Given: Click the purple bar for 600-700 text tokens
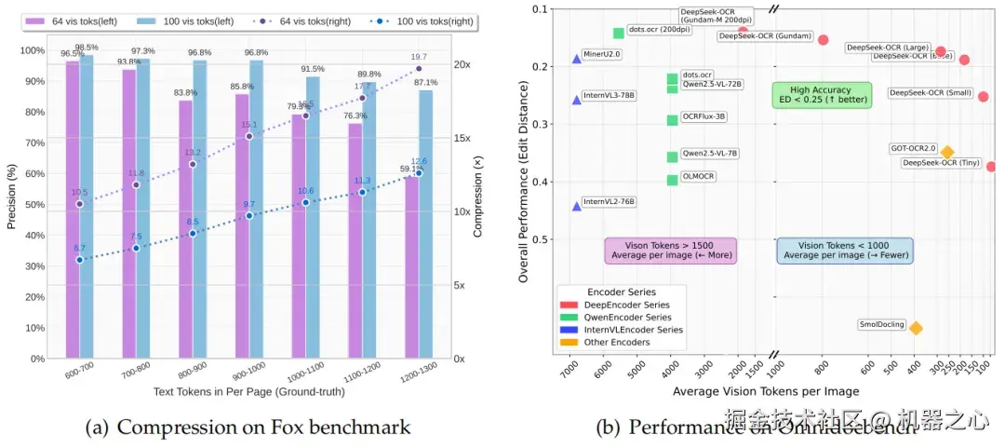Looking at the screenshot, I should point(72,210).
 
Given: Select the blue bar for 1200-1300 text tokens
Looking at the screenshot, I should point(425,224).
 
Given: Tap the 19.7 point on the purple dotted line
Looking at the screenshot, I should point(419,69).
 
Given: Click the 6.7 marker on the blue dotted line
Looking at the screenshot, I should point(79,259).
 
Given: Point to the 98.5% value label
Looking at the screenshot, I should point(87,48).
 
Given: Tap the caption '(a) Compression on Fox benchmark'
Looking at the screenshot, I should point(247,428).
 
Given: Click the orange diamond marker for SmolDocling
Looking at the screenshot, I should point(916,328).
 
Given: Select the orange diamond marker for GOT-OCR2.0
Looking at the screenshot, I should point(947,152).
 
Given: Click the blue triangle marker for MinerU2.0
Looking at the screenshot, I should point(577,58).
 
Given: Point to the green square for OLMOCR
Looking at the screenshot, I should point(672,180).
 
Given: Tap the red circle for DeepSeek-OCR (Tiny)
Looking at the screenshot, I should point(991,167).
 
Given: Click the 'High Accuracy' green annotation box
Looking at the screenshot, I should point(822,95).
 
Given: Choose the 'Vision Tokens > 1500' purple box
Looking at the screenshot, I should point(670,250).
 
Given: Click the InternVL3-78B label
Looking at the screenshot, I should point(610,95).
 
